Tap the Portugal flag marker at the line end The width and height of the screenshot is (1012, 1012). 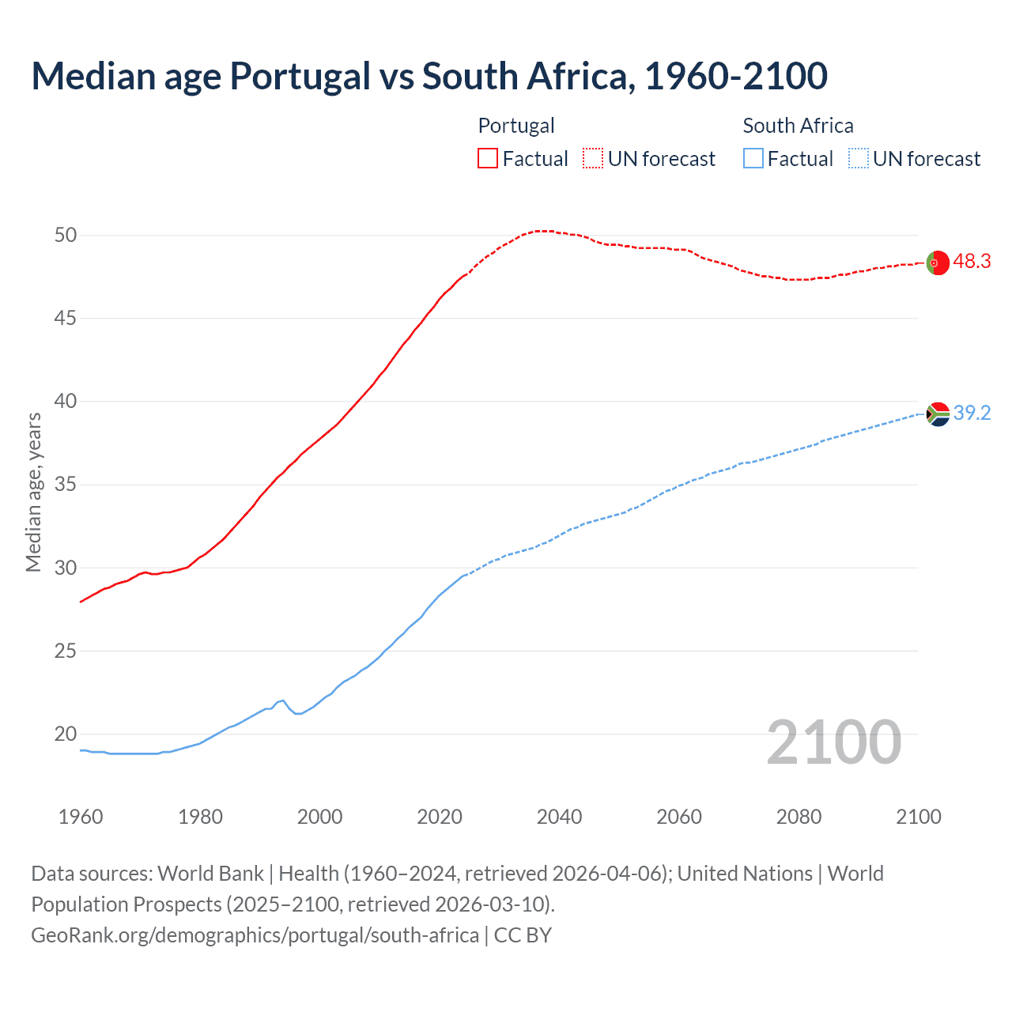click(x=937, y=262)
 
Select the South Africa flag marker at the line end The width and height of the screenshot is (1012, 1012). click(x=938, y=414)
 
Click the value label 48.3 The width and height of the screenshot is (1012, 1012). click(x=972, y=262)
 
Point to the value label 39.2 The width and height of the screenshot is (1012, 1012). click(x=972, y=413)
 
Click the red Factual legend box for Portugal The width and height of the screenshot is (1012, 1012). click(x=488, y=159)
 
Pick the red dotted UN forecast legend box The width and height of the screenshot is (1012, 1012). click(x=593, y=159)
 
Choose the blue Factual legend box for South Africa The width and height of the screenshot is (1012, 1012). click(x=753, y=159)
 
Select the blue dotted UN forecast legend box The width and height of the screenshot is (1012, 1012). click(x=859, y=159)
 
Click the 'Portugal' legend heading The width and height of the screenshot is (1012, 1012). click(x=516, y=126)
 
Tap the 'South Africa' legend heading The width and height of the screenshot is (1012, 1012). click(x=798, y=126)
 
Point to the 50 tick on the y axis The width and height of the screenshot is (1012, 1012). click(x=66, y=235)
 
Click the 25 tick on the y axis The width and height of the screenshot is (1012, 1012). click(x=66, y=651)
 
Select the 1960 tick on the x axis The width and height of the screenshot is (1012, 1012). click(x=81, y=817)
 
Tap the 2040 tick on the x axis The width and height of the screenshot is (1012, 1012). click(x=559, y=817)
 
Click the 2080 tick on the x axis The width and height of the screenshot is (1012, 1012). click(x=799, y=817)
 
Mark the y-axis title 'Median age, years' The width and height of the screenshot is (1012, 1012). click(x=33, y=492)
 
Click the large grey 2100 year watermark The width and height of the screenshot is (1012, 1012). click(x=834, y=742)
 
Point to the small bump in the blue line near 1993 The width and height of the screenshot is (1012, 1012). click(x=281, y=700)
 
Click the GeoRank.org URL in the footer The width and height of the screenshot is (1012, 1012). click(x=255, y=935)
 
